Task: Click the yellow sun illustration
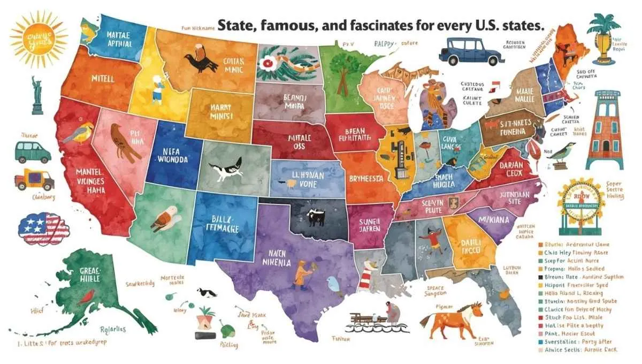pos(38,39)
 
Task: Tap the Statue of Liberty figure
pos(37,95)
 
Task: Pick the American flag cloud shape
pos(43,227)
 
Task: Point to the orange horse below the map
pos(446,322)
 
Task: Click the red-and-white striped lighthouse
pos(366,278)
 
